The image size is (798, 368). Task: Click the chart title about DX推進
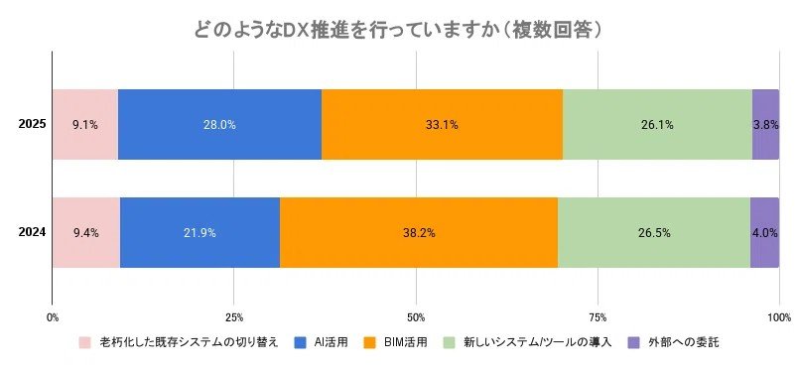[399, 29]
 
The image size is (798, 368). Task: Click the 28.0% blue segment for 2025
[219, 125]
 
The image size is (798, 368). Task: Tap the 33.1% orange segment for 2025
[442, 125]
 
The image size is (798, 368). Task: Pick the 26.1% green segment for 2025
[657, 125]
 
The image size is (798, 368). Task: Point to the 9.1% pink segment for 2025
[84, 125]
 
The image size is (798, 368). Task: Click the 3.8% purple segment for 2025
[765, 125]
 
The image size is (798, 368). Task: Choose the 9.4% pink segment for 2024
[85, 232]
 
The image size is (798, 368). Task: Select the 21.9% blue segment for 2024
[199, 232]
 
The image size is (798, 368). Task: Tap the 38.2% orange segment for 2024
[418, 232]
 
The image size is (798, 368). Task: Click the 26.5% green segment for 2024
[653, 232]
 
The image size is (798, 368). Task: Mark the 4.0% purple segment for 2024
[764, 232]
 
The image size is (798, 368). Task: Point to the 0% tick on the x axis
[53, 317]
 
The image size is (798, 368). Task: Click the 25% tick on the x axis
[233, 317]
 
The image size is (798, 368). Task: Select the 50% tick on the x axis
[415, 317]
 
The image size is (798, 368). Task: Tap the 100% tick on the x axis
[778, 317]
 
